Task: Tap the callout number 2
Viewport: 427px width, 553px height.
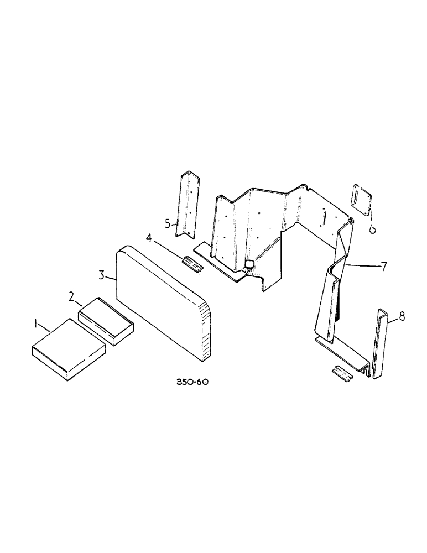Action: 72,297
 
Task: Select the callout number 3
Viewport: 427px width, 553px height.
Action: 102,275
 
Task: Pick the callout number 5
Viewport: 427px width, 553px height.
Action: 168,224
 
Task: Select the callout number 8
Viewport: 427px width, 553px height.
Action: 402,316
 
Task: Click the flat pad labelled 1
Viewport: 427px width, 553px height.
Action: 67,348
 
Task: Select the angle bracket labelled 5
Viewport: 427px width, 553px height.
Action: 186,205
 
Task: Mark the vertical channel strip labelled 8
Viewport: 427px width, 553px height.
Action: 382,343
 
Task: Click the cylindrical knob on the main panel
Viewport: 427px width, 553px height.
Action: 249,265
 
